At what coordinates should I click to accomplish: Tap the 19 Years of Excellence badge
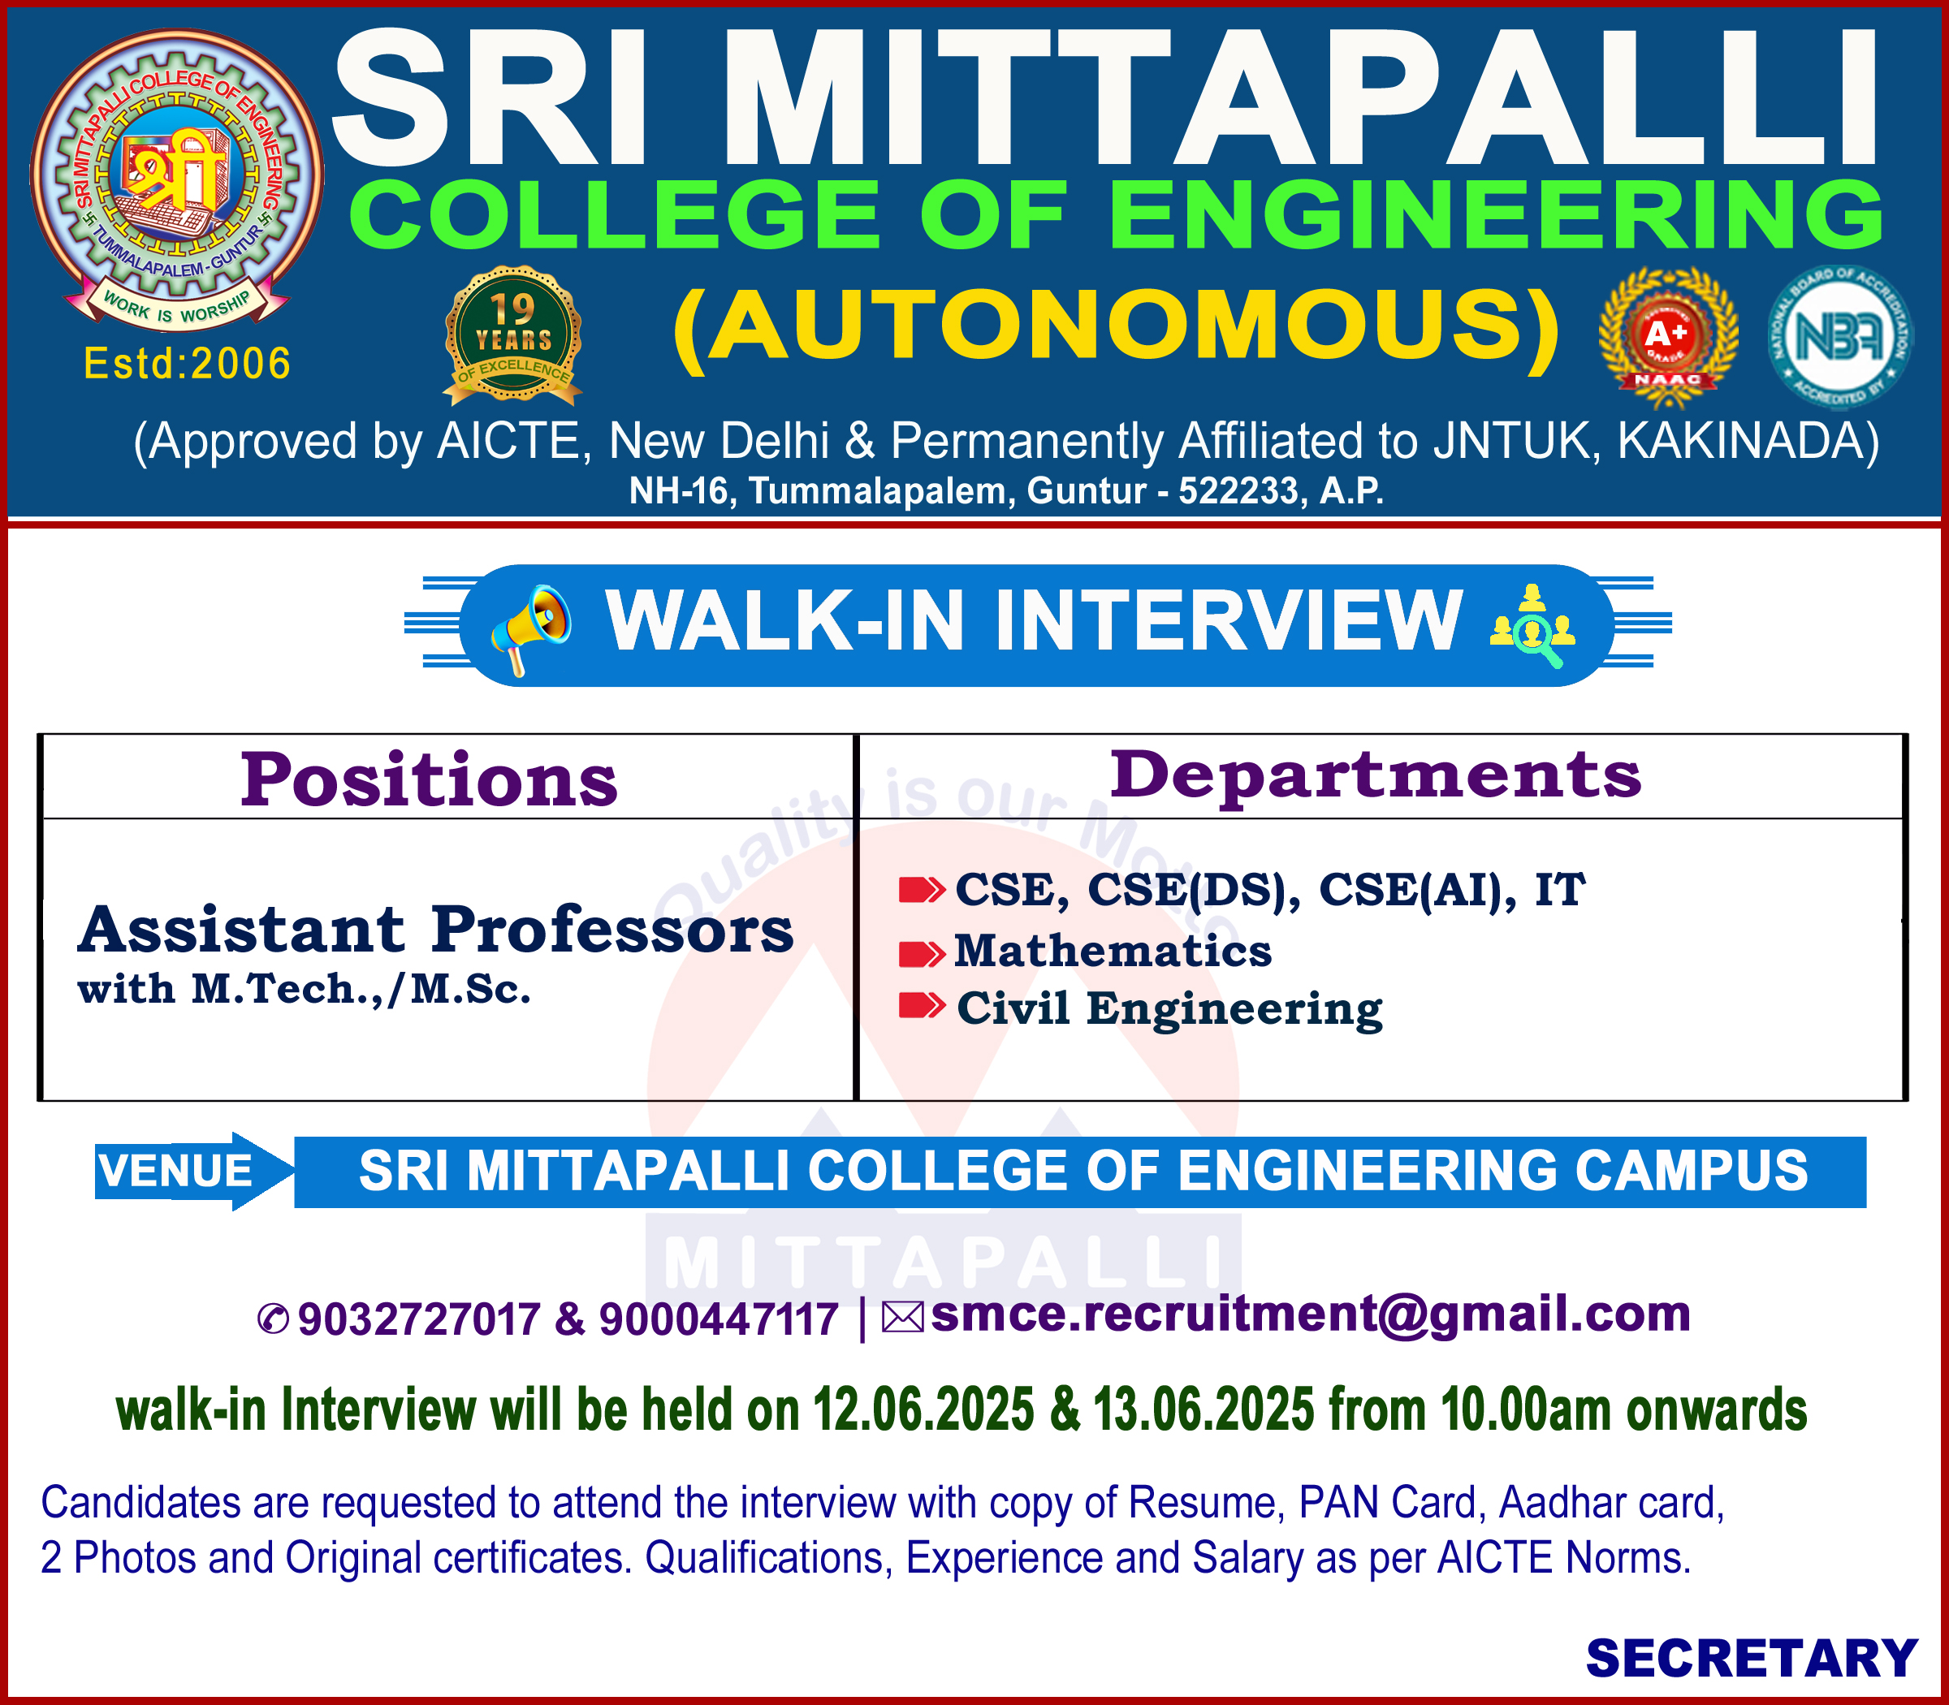point(513,335)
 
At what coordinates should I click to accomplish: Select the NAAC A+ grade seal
point(1668,339)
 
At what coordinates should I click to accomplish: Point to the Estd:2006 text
point(188,364)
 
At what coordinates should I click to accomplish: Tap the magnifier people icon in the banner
point(1532,625)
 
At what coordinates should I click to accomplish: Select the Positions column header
point(430,779)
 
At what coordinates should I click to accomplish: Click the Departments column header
point(1376,775)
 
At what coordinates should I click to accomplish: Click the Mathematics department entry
point(1113,951)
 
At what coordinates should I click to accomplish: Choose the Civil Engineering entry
point(1169,1008)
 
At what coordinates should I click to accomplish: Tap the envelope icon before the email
point(903,1318)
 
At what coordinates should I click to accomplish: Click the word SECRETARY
point(1751,1659)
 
